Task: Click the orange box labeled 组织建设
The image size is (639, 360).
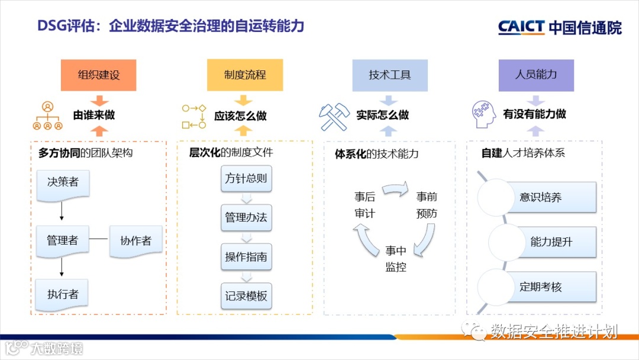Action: (99, 75)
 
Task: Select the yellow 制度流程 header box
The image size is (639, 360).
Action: (245, 75)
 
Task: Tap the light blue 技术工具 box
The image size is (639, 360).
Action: (390, 75)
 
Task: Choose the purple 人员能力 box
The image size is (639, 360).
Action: (536, 75)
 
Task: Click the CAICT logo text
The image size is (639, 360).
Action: (521, 27)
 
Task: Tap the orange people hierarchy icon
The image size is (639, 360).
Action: (47, 116)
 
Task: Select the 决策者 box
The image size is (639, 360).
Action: (63, 183)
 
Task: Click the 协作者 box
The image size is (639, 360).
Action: (135, 241)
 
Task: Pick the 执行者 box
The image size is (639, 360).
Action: (62, 295)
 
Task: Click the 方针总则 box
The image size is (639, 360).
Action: (246, 178)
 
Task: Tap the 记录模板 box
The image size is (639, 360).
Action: (246, 296)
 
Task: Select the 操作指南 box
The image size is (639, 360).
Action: (246, 257)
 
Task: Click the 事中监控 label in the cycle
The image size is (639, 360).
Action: (396, 259)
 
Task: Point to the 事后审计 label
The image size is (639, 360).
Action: (364, 205)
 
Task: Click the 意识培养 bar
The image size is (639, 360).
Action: (540, 198)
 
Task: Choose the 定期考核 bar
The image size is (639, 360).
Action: (540, 287)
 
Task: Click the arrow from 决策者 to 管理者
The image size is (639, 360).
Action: (62, 210)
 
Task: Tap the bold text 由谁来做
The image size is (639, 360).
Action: (94, 115)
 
